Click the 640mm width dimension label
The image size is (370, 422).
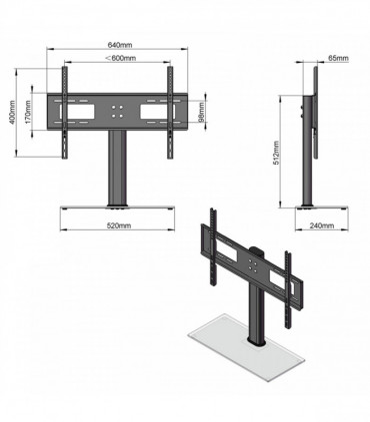[119, 45]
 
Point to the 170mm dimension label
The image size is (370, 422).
[30, 116]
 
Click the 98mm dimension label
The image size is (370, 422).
[203, 116]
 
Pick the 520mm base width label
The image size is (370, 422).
[119, 226]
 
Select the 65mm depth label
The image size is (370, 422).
[337, 59]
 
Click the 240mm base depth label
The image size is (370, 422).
[322, 226]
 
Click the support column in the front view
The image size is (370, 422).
[119, 170]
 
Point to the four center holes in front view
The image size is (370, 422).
[119, 111]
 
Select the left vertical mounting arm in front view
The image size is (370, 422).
[65, 115]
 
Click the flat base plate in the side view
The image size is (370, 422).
[322, 209]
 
